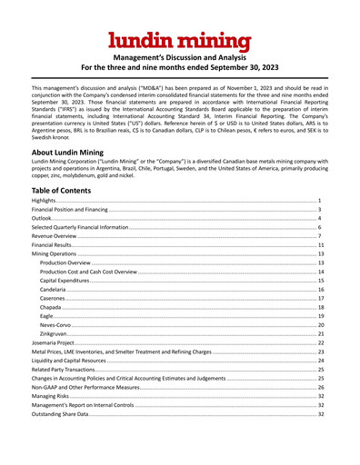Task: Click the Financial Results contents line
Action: (54, 246)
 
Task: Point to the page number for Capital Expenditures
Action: (321, 281)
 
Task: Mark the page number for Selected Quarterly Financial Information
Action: (322, 227)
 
